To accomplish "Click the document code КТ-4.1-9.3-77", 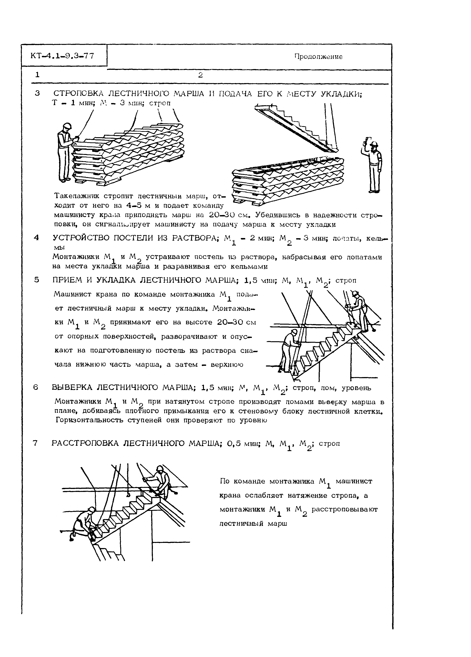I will (62, 56).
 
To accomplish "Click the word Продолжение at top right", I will (318, 57).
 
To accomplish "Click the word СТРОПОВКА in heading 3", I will (79, 94).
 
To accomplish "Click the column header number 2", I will (200, 75).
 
